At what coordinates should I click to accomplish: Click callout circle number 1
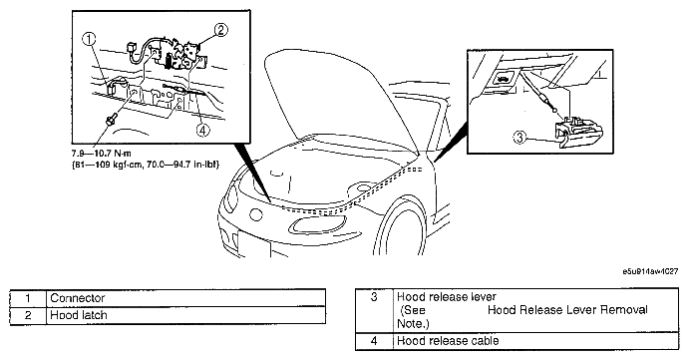(89, 39)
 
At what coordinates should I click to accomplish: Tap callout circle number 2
(220, 30)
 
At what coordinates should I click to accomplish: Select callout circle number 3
(519, 138)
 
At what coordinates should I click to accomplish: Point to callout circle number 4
(202, 130)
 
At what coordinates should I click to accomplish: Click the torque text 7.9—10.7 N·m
(102, 154)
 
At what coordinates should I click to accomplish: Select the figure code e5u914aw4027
(650, 271)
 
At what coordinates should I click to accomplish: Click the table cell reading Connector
(185, 298)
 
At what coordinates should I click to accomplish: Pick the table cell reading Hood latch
(185, 315)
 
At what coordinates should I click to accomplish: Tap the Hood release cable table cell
(535, 341)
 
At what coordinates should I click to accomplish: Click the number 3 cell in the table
(374, 310)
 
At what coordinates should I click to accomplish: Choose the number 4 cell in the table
(374, 341)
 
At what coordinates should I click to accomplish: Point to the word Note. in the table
(413, 324)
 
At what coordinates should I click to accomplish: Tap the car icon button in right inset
(502, 79)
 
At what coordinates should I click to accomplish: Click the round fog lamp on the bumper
(255, 214)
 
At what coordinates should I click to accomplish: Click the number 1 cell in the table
(28, 298)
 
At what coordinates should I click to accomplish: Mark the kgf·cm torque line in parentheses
(146, 165)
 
